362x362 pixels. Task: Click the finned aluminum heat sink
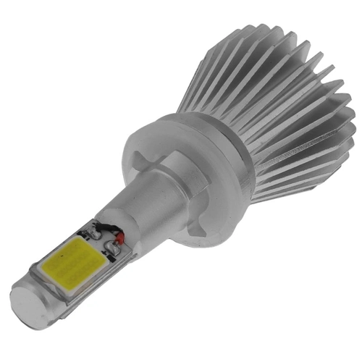(x=275, y=109)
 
